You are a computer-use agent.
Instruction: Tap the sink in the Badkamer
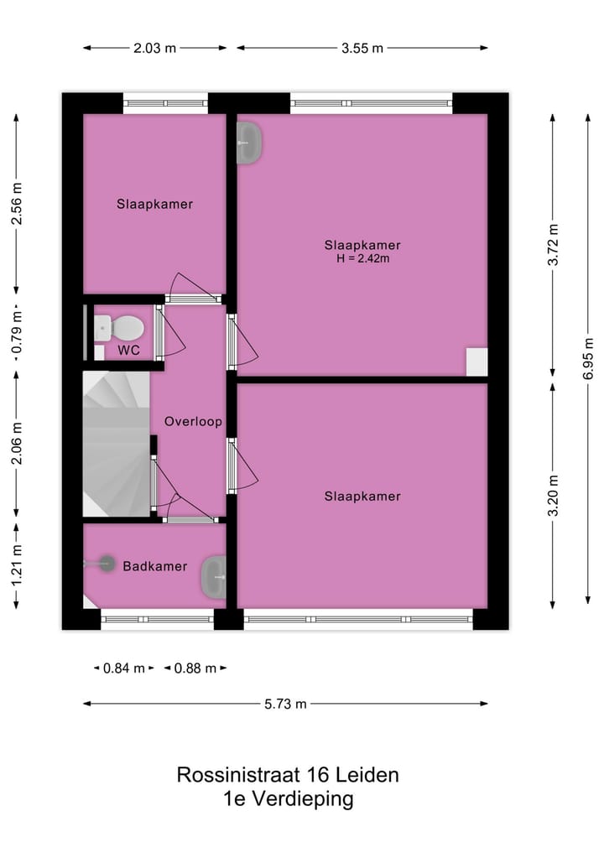point(213,577)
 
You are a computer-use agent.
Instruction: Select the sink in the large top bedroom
point(250,142)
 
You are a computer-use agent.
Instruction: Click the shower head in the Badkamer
point(106,564)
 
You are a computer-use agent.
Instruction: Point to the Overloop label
point(193,421)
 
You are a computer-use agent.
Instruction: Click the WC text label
point(128,350)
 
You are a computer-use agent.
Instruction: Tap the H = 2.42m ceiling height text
point(362,259)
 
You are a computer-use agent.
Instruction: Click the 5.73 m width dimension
point(285,704)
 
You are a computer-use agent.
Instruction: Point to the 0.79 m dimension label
point(16,335)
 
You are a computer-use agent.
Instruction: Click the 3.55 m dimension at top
point(362,48)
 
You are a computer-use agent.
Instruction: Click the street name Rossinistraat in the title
point(237,774)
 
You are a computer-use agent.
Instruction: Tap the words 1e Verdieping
point(288,799)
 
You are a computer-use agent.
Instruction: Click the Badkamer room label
point(155,566)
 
